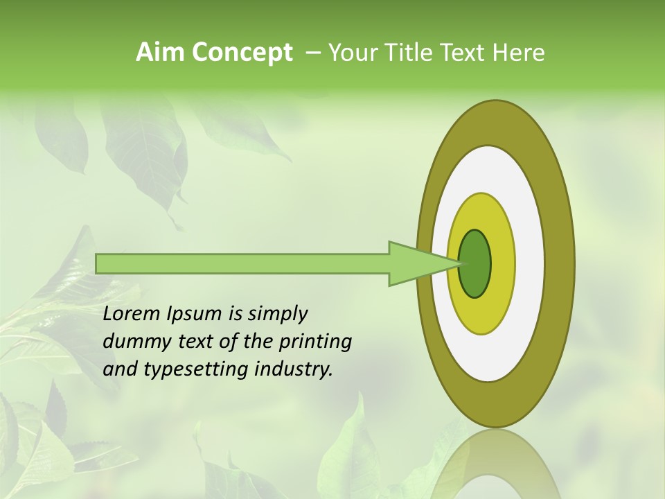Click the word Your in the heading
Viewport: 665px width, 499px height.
pyautogui.click(x=351, y=53)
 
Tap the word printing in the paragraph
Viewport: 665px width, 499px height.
pyautogui.click(x=315, y=342)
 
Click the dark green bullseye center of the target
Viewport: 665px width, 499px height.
pyautogui.click(x=476, y=263)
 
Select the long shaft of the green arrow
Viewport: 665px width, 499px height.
pyautogui.click(x=242, y=263)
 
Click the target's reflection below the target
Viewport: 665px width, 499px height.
pyautogui.click(x=495, y=464)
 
